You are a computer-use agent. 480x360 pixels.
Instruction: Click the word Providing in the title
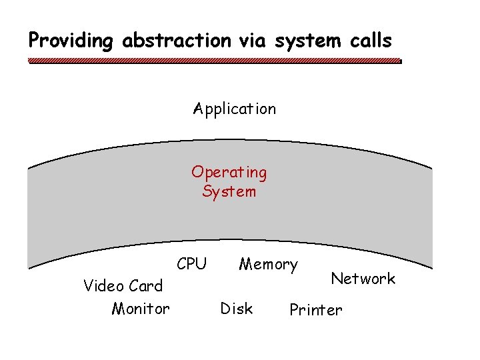point(71,41)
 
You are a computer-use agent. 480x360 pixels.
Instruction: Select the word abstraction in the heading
point(176,41)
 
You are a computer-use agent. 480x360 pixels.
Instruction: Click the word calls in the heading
point(370,41)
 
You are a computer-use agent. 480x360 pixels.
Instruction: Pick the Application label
point(234,109)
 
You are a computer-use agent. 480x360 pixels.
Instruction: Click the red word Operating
point(229,172)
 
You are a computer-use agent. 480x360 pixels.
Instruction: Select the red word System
point(229,192)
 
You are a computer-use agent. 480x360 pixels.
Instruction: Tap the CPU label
point(192,264)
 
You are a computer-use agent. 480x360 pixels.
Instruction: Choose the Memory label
point(268,265)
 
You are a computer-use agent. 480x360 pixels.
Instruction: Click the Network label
point(363,279)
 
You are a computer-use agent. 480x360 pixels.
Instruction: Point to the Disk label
point(237,309)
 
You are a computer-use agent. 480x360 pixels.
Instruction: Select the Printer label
point(316,310)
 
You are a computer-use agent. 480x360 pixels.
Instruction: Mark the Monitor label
point(141,309)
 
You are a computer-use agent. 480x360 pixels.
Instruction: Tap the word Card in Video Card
point(145,286)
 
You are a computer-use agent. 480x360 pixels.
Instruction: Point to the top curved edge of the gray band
point(229,141)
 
